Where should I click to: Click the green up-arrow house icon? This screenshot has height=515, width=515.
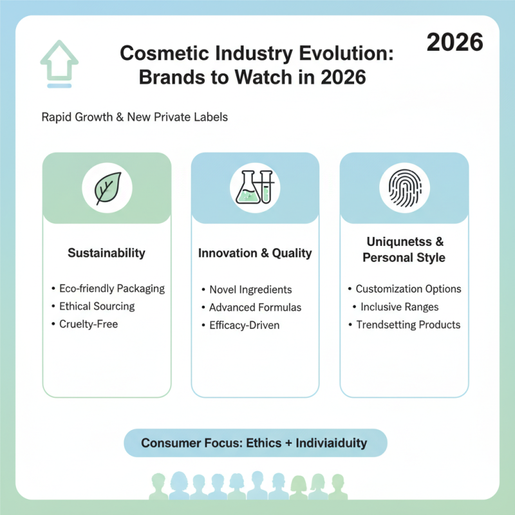59,62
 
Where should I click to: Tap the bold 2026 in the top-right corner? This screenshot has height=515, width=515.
455,42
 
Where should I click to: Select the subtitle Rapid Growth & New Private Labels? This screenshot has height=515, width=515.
134,118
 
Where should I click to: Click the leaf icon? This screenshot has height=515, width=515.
107,188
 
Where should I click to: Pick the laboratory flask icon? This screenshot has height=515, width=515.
256,188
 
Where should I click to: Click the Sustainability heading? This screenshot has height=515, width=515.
106,253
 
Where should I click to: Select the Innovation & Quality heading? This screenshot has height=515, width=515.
256,253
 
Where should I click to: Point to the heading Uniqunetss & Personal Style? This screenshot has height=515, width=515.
404,250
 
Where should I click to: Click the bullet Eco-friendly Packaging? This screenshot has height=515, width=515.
111,288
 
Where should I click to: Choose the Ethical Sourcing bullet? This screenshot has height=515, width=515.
97,306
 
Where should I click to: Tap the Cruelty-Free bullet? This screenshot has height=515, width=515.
88,324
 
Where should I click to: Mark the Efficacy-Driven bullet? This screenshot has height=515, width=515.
245,325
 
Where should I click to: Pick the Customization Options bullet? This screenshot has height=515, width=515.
408,289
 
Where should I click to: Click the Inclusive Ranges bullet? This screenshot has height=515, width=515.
399,307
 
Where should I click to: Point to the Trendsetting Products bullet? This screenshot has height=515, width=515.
408,324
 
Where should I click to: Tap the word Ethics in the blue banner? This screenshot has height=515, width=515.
264,443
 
